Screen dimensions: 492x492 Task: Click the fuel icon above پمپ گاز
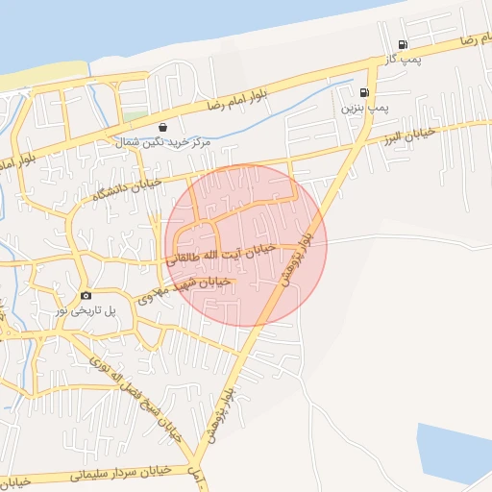coord(402,45)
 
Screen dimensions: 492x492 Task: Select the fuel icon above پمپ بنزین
coord(362,93)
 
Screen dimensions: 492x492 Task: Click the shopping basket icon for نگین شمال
coord(162,126)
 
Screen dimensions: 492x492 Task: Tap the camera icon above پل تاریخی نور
coord(86,295)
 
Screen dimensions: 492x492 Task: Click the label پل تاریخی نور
coord(86,310)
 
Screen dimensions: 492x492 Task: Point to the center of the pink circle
coord(246,245)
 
